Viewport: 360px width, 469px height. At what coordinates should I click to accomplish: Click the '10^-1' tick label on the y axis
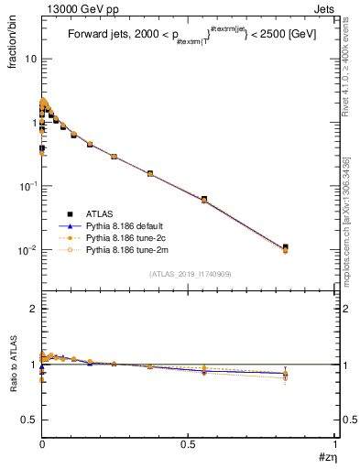[27, 185]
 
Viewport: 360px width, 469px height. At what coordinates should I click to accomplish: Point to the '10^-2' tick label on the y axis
[27, 249]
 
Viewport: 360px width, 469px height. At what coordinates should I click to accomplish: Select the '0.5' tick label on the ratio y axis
[28, 420]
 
